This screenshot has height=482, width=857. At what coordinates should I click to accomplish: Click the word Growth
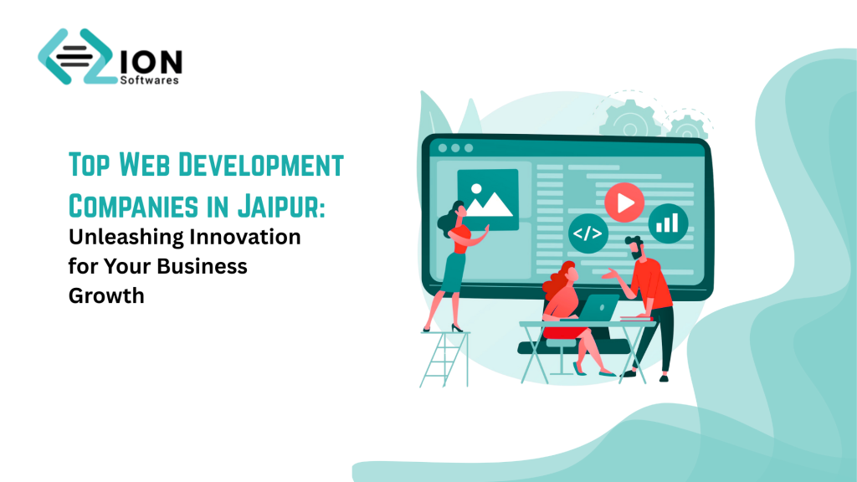106,295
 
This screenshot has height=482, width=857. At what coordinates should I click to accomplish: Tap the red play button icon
624,202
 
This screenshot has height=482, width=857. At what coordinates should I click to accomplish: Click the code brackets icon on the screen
588,234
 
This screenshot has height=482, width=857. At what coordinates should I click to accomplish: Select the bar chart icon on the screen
668,223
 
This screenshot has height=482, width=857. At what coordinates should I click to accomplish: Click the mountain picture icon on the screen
487,199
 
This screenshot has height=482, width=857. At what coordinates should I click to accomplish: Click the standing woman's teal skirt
455,273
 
